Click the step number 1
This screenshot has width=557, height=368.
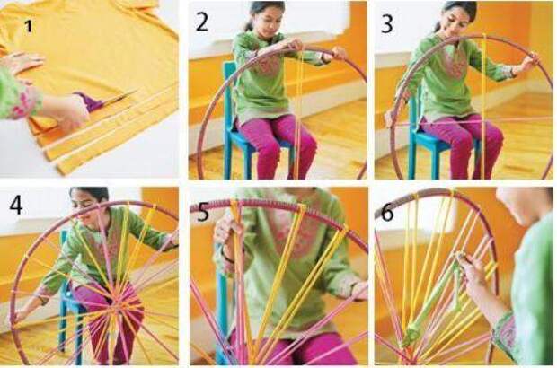(x=29, y=26)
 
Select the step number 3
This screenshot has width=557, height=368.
(x=387, y=23)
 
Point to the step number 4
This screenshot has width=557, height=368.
(x=17, y=205)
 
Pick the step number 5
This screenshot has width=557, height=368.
(x=203, y=212)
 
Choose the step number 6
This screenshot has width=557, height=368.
(x=387, y=212)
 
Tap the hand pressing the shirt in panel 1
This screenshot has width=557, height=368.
(x=22, y=61)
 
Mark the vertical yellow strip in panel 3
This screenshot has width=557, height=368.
(x=482, y=106)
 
